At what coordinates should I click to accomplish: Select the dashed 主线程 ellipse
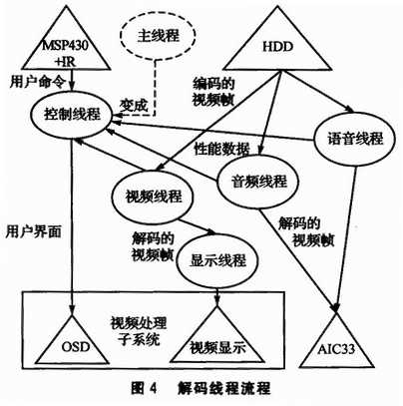click(158, 36)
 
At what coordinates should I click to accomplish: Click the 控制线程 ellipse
click(72, 115)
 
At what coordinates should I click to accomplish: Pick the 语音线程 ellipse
click(355, 139)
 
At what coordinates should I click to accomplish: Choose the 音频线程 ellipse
click(258, 182)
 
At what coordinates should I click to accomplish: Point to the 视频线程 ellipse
click(154, 197)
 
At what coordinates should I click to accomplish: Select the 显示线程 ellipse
click(217, 260)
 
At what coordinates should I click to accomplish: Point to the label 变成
click(134, 106)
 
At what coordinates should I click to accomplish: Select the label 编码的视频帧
click(213, 92)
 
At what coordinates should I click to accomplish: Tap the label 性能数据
click(222, 150)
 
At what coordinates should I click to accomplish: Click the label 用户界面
click(34, 231)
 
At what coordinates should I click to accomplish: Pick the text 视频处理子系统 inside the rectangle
click(139, 331)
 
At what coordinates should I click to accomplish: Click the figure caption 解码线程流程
click(224, 388)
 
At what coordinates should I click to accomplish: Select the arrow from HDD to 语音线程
click(316, 93)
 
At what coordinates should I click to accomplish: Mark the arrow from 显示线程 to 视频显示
click(217, 297)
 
